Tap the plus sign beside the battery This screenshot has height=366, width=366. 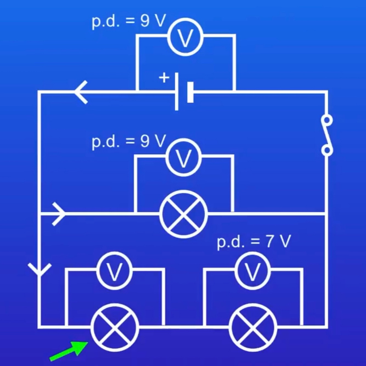point(164,78)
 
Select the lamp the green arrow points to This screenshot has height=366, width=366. point(115,327)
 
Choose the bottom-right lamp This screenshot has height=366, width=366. point(253,327)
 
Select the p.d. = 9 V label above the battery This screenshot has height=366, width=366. point(129,21)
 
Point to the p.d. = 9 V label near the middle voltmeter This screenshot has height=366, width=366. point(129,141)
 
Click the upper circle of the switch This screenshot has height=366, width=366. point(327,120)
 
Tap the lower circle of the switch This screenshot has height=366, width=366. point(327,150)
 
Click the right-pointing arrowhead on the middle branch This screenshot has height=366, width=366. point(59,214)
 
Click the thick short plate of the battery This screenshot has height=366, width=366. point(190,92)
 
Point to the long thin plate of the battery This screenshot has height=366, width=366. point(176,92)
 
